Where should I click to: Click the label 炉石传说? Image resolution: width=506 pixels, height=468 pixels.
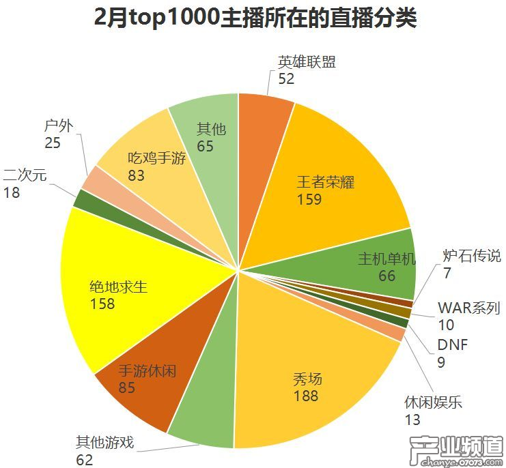[x=472, y=257]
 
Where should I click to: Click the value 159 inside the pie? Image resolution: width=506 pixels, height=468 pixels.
[x=309, y=199]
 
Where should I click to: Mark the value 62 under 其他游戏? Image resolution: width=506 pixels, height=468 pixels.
[x=84, y=460]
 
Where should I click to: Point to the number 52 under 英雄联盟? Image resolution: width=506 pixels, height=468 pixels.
[x=286, y=79]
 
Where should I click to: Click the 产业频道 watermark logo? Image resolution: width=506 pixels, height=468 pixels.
[x=454, y=450]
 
